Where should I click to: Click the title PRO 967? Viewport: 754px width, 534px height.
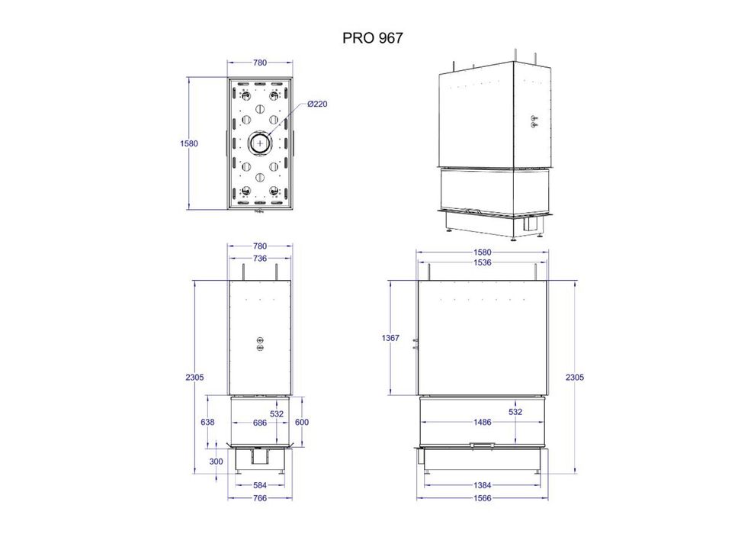pos(372,38)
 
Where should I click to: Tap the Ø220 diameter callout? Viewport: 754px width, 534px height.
pos(317,104)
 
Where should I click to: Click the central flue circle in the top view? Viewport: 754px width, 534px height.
pos(261,143)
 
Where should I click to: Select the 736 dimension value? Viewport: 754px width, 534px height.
pos(260,259)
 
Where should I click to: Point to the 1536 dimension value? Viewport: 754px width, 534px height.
pos(483,262)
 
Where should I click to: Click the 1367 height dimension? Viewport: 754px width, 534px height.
pos(390,338)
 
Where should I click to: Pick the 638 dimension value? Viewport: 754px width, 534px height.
pos(207,422)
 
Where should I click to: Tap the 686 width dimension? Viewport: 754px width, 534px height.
pos(260,423)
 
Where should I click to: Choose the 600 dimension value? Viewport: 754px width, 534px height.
pos(301,422)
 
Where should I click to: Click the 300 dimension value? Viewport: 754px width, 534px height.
pos(217,462)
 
